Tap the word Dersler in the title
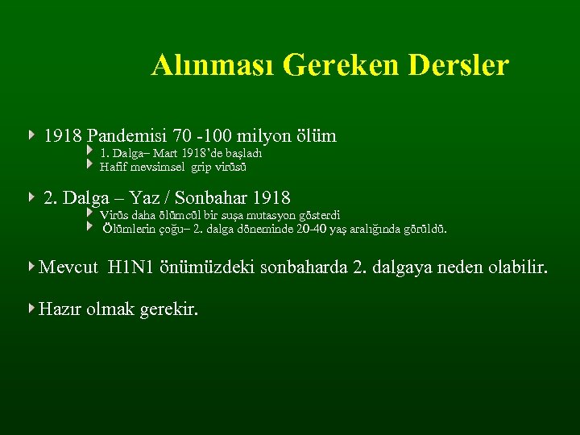[x=459, y=65]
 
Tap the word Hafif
[x=114, y=167]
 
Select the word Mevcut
[x=69, y=267]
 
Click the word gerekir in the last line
[x=168, y=308]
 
